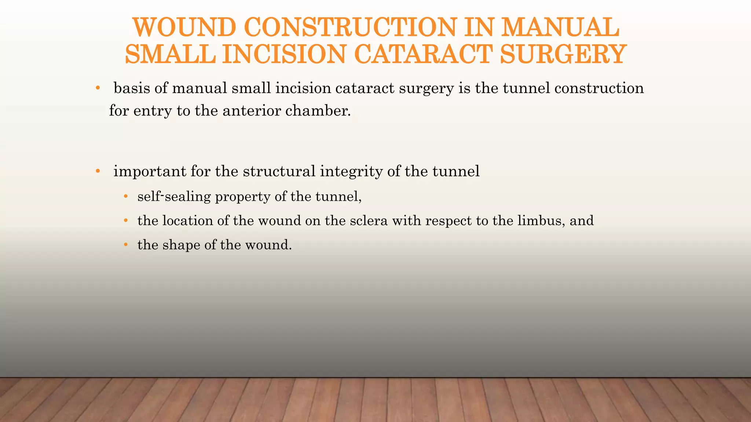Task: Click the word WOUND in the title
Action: (184, 27)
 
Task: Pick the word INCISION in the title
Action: (284, 54)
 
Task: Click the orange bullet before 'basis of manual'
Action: (98, 88)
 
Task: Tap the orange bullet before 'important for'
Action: (98, 171)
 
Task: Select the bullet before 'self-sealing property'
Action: (126, 197)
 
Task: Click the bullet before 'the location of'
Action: (126, 221)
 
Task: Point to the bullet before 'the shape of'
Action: (126, 245)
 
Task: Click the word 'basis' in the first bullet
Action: (132, 88)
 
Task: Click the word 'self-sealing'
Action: (174, 197)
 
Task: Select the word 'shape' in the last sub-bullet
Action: (182, 245)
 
